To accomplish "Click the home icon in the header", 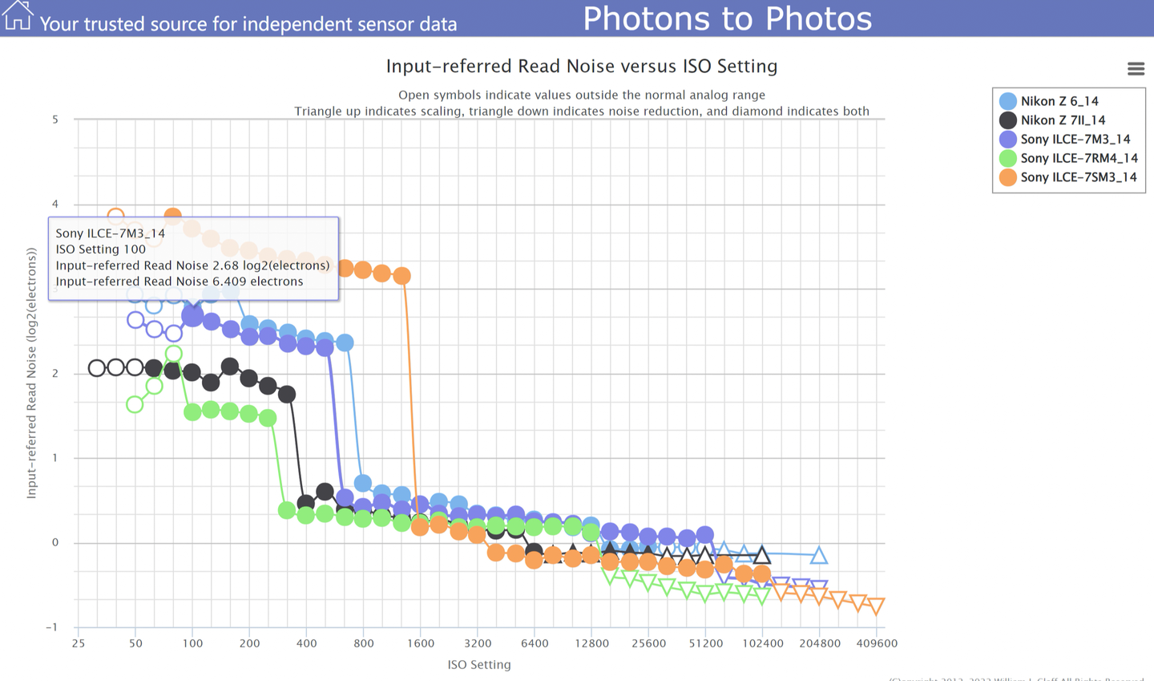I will click(18, 15).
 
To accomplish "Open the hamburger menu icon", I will click(1136, 69).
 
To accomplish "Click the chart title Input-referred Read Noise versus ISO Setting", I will click(582, 66).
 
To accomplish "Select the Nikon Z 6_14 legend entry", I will click(1059, 101).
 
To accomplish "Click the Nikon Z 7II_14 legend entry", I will click(1062, 120).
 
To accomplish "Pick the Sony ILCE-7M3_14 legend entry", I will click(1075, 140).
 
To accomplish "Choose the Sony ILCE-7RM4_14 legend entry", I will click(1078, 158).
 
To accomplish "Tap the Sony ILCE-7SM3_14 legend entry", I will click(1078, 177).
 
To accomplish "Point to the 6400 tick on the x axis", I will click(535, 643).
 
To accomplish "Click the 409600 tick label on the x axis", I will click(876, 643).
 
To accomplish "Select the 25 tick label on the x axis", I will click(78, 643).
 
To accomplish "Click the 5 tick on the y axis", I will click(55, 120).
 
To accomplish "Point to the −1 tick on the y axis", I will click(52, 627).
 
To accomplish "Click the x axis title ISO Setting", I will click(479, 664).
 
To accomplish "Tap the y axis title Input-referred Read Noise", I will click(32, 373).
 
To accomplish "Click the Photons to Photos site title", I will click(727, 18).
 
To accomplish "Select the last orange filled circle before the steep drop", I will click(401, 276).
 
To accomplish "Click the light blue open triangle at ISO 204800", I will click(818, 555).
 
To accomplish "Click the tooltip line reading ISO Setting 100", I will click(101, 249).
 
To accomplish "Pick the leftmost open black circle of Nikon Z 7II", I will click(97, 368).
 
